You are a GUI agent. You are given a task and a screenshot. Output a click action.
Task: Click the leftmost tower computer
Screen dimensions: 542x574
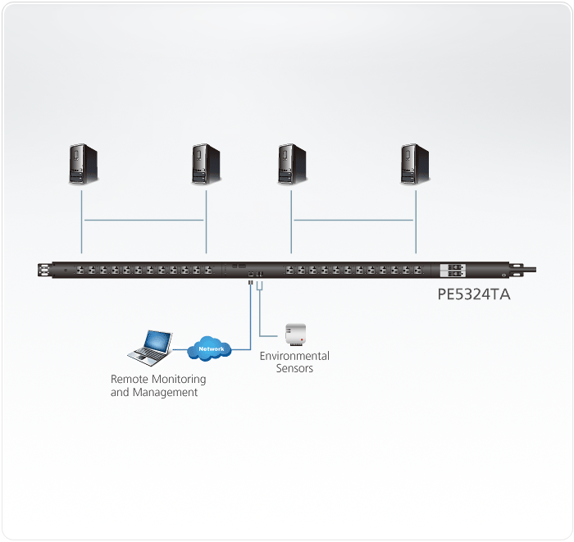[x=84, y=163]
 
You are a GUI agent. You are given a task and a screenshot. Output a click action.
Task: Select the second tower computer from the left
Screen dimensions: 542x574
[x=206, y=163]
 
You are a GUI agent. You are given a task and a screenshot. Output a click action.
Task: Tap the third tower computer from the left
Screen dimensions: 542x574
[x=291, y=163]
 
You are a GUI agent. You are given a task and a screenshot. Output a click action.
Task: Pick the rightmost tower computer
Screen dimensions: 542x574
[x=415, y=163]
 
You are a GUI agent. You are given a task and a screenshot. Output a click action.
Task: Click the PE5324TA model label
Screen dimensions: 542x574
[x=475, y=294]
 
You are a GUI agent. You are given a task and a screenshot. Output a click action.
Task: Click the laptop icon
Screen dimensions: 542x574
[x=150, y=347]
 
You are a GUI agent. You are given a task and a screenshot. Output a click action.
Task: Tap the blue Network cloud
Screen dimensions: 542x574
[x=211, y=348]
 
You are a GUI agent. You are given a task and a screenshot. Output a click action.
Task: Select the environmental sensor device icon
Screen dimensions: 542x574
[x=294, y=335]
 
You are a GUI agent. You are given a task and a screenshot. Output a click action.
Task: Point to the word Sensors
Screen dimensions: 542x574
[x=294, y=368]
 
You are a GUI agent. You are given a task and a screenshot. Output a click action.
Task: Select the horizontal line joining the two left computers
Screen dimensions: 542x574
[x=144, y=220]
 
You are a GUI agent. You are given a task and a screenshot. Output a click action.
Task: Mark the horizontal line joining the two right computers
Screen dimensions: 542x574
[x=353, y=220]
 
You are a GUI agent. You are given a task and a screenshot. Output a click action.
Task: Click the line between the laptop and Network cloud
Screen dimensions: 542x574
[x=180, y=349]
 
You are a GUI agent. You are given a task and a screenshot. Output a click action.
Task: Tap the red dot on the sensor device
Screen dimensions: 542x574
[x=302, y=338]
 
